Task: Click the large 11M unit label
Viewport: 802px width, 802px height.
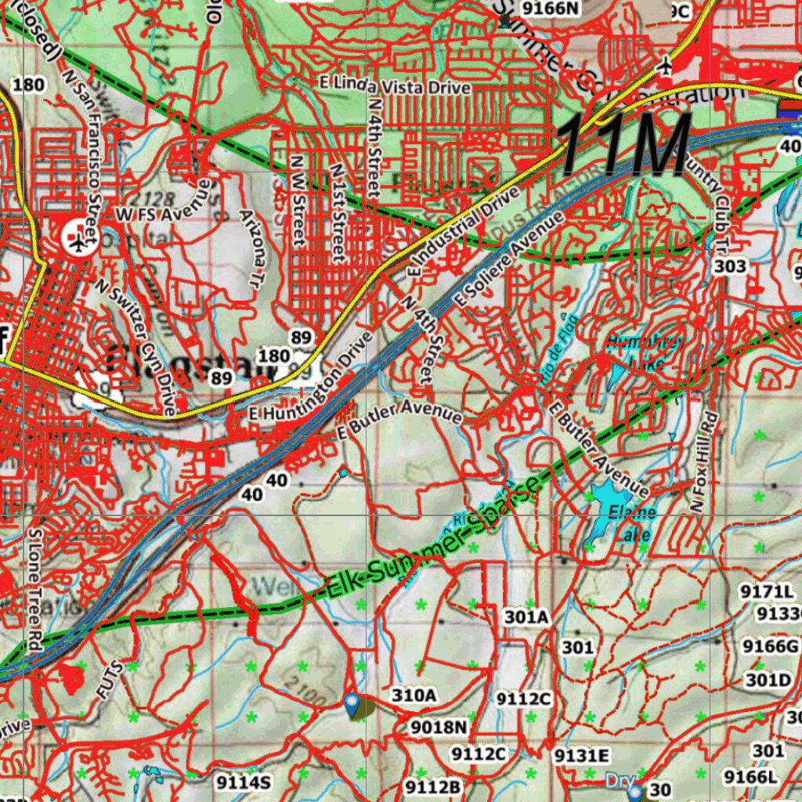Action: [625, 146]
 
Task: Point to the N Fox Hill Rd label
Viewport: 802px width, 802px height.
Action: [704, 462]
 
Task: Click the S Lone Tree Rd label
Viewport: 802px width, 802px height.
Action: [34, 580]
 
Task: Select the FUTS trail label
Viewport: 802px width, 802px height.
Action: [109, 679]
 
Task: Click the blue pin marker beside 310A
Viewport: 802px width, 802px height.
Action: [352, 701]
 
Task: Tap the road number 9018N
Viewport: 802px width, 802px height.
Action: [439, 728]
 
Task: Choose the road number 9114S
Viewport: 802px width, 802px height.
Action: [244, 781]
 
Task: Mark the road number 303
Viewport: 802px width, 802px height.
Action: [730, 266]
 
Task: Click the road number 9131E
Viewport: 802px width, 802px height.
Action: [581, 755]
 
